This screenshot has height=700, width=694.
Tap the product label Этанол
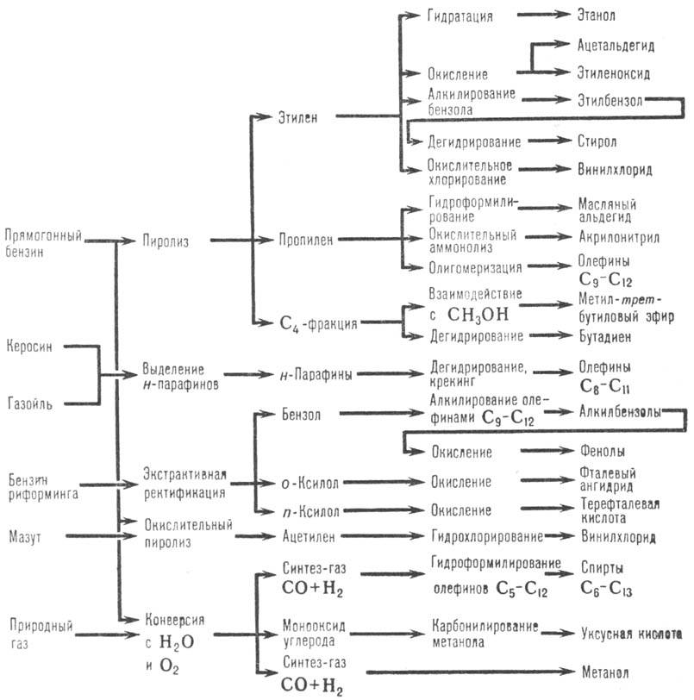coord(599,15)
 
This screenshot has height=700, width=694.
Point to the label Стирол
coord(595,140)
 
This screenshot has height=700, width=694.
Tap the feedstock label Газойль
coord(30,401)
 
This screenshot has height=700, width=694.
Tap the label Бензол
coord(301,414)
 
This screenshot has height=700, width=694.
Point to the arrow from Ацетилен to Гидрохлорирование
coord(384,536)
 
